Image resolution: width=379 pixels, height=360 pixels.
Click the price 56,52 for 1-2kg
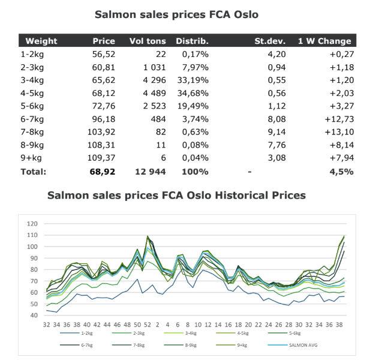[x=104, y=54]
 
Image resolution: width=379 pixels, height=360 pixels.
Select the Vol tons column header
[x=148, y=41]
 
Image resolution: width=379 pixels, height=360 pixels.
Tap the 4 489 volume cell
[x=154, y=93]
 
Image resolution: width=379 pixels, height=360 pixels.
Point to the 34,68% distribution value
[x=192, y=93]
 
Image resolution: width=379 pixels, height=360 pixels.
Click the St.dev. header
[x=270, y=41]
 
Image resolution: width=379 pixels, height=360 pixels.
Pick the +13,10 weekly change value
[x=339, y=132]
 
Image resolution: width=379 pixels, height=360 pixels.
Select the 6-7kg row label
[x=32, y=119]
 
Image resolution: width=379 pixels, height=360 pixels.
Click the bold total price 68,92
[x=102, y=172]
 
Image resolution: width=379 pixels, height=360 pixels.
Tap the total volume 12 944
[x=151, y=172]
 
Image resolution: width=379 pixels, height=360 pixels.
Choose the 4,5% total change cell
[x=341, y=172]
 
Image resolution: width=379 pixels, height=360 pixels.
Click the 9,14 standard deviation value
[x=276, y=132]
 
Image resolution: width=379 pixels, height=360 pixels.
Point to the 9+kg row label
[x=31, y=158]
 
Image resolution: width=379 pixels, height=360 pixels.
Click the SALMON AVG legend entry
[x=293, y=345]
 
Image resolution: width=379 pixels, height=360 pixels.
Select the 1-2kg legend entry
[x=76, y=333]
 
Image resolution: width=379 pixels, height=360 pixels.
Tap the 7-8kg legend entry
[x=128, y=345]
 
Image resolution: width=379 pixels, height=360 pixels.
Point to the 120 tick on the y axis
[x=32, y=224]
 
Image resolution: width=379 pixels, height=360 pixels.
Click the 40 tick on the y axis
[x=34, y=315]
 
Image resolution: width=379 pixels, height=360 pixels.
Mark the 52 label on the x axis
[x=148, y=325]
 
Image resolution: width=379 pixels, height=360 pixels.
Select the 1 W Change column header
[x=324, y=41]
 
